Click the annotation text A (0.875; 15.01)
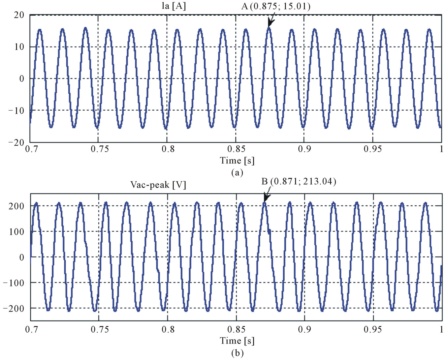(x=275, y=6)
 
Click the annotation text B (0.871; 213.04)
(x=299, y=181)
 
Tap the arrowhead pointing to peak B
(x=266, y=198)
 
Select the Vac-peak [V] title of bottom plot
(x=158, y=185)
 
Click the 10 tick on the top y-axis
(x=19, y=47)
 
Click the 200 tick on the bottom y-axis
(x=16, y=206)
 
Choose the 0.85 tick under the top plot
(x=236, y=149)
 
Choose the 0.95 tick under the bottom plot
(x=373, y=329)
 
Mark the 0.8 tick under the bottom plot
(x=168, y=329)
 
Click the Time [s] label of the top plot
(x=237, y=161)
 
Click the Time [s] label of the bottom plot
(x=237, y=341)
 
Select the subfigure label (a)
(x=237, y=172)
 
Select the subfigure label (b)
(x=237, y=353)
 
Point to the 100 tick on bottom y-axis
(x=16, y=232)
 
